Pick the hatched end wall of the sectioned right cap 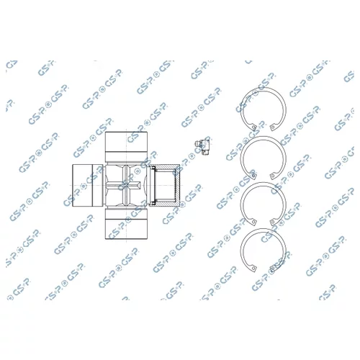click(177, 185)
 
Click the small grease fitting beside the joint click(202, 146)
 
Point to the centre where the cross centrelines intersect click(126, 185)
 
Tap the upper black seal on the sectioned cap click(152, 168)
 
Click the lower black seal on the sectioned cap click(152, 203)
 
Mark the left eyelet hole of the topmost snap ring click(253, 127)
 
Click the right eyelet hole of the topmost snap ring click(272, 127)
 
